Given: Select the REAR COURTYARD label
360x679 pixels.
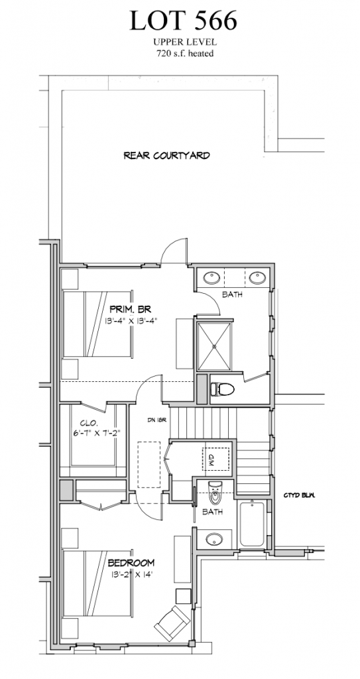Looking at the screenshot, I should click(x=167, y=156).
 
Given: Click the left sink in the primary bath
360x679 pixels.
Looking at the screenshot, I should click(x=212, y=276).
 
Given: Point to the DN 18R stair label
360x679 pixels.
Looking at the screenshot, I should click(x=156, y=420).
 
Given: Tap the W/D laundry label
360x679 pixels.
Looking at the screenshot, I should click(x=211, y=458).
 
